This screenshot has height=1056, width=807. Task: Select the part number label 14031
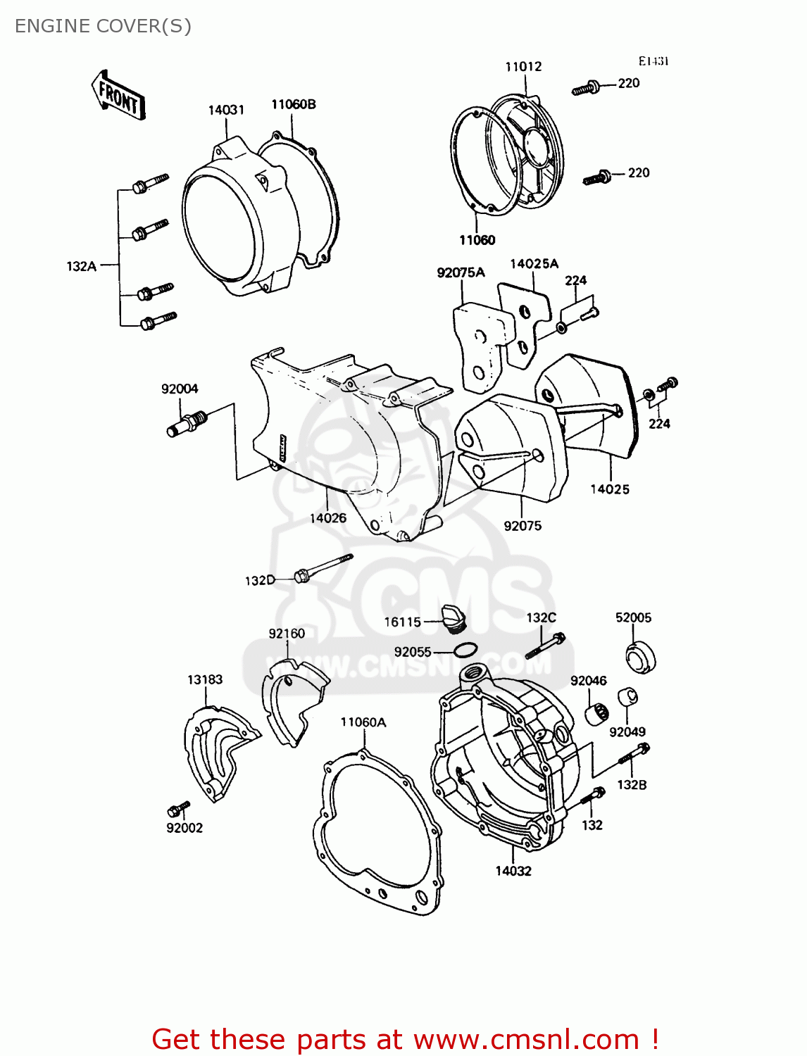tap(226, 110)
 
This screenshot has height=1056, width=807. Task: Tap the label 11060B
tap(294, 104)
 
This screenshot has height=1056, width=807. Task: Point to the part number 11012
tap(523, 66)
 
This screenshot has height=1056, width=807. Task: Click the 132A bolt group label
tap(81, 266)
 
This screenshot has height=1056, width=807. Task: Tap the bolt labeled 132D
tap(323, 567)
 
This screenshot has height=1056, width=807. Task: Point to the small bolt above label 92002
tap(179, 809)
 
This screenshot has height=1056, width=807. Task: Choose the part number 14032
tap(513, 871)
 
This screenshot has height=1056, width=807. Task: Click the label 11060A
tap(363, 722)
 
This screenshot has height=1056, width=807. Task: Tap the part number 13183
tap(205, 679)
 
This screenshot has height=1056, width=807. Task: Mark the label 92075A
tap(461, 272)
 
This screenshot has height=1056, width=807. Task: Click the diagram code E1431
tap(653, 61)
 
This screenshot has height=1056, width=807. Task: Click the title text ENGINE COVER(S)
tap(103, 26)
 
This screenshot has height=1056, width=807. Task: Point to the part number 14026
tap(328, 518)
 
